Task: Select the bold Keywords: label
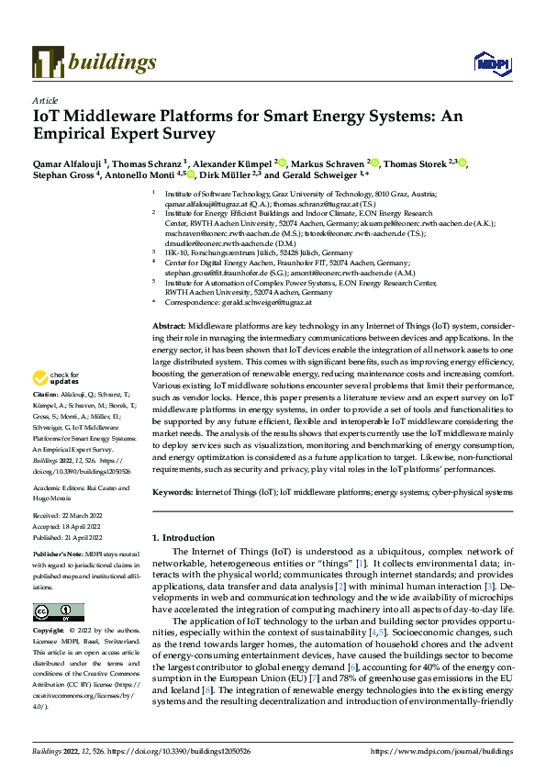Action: [x=173, y=492]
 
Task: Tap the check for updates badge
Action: [x=57, y=378]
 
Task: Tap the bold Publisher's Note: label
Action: [x=59, y=555]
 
